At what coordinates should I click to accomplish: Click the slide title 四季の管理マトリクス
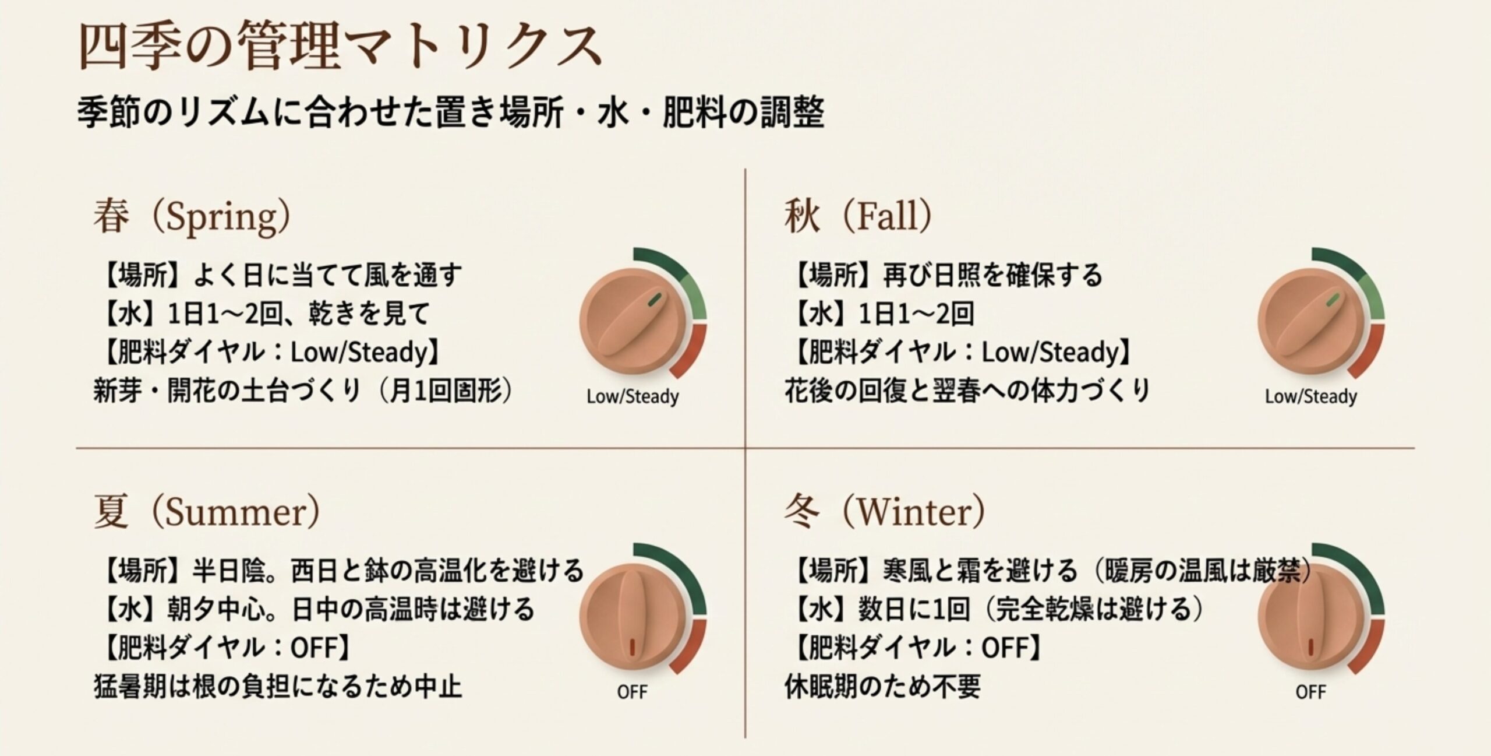(x=339, y=47)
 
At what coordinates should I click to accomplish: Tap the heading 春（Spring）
(x=192, y=216)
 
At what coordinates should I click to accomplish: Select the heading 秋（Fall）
(x=857, y=216)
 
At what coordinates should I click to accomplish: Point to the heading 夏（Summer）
(x=206, y=512)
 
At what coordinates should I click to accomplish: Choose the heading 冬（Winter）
(x=884, y=512)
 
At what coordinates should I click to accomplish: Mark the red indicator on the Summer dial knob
(x=633, y=646)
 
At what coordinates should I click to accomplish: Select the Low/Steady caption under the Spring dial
(x=633, y=397)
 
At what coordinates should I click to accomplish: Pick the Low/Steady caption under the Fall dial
(x=1310, y=397)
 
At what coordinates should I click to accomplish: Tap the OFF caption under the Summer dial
(x=633, y=692)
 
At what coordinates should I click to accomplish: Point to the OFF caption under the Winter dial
(x=1310, y=692)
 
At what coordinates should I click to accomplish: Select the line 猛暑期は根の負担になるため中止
(x=278, y=686)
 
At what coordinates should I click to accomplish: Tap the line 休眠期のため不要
(x=882, y=686)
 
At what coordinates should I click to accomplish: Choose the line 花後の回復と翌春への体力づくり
(x=967, y=391)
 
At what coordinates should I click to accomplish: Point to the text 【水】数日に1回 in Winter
(x=882, y=609)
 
